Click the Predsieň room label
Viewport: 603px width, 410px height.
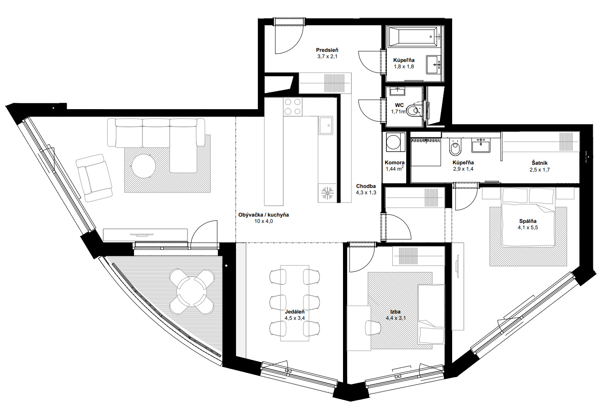(x=327, y=50)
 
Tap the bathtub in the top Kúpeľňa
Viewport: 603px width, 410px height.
(x=414, y=37)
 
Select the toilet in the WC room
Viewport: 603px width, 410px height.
(x=413, y=110)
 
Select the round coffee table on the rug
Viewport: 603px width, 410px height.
(x=144, y=166)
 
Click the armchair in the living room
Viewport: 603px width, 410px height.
(x=94, y=178)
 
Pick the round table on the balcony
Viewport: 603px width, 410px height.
(x=192, y=292)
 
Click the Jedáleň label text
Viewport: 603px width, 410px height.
(x=295, y=312)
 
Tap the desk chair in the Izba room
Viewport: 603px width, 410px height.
(x=373, y=328)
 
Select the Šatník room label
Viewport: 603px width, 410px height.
(x=539, y=163)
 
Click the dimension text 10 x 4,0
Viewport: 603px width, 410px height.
(x=263, y=221)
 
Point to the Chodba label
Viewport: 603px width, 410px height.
(x=366, y=186)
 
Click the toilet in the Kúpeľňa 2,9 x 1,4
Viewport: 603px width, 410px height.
(x=455, y=147)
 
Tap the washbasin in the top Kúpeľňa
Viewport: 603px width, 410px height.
(x=434, y=65)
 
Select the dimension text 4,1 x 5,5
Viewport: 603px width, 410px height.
(x=528, y=228)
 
